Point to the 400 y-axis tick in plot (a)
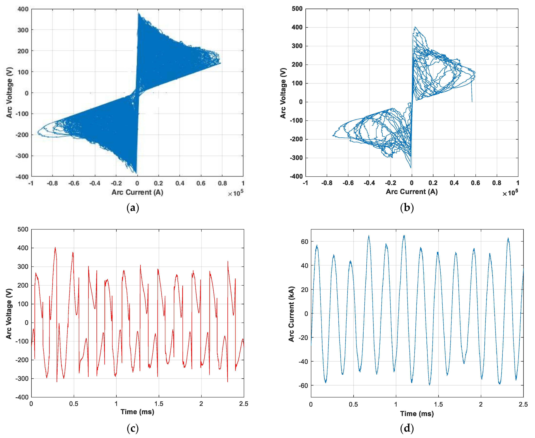coord(23,9)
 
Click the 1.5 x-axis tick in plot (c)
coord(159,404)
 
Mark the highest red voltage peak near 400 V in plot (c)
coord(55,248)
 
